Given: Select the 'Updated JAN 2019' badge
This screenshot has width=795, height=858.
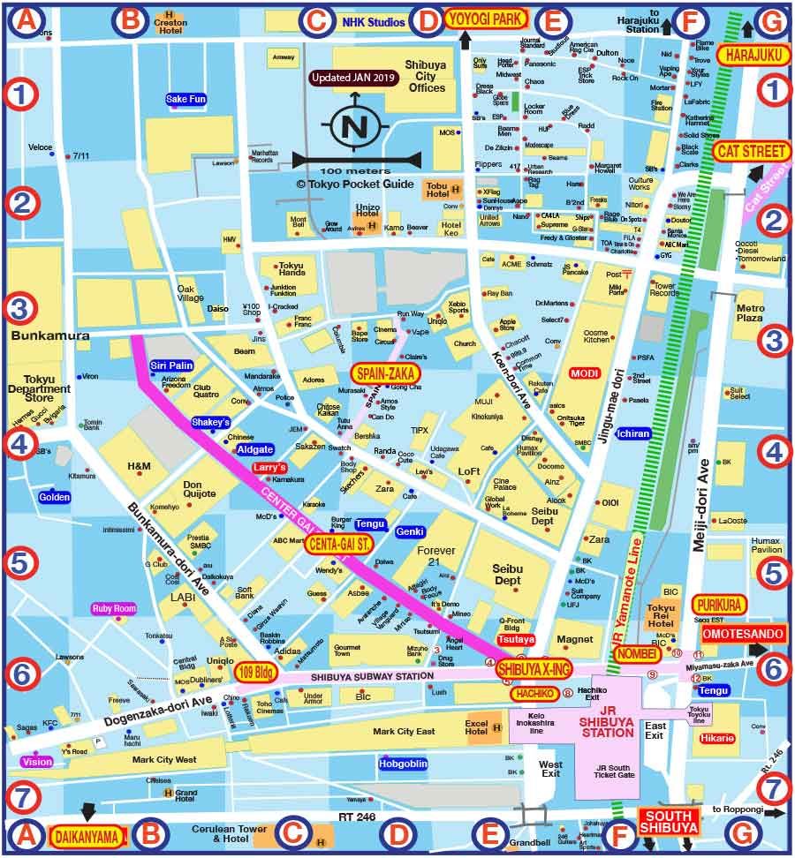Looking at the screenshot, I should coord(354,78).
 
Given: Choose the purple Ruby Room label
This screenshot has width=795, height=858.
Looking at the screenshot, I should coord(115,608).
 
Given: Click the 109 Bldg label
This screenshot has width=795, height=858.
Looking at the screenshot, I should coord(257,673).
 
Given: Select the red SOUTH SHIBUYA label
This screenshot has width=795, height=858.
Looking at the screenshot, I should coord(669,822).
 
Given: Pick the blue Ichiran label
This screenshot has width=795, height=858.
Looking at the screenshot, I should coord(634,433).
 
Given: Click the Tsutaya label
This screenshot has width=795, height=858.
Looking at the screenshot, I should coord(517,638).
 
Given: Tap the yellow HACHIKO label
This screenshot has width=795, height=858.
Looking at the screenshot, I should coord(534,694).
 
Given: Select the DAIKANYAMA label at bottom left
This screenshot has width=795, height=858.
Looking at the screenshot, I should coord(87,834).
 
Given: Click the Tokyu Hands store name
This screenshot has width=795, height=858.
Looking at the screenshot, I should coord(291,270).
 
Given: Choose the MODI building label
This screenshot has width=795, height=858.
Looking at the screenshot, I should coord(584,373).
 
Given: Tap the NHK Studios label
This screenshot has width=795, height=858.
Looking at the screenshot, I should coord(374,21).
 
